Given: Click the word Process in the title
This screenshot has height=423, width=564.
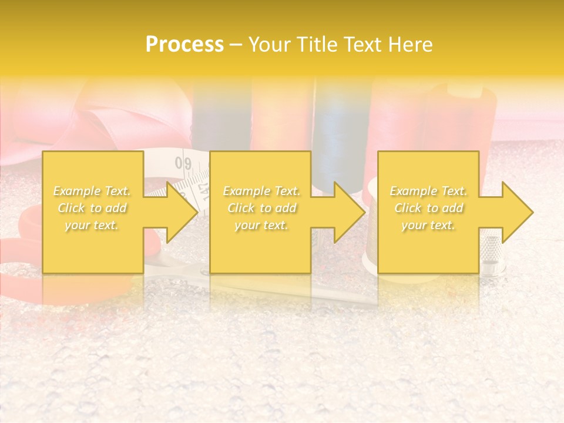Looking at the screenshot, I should point(184,45).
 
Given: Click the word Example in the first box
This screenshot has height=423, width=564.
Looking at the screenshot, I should point(77,191).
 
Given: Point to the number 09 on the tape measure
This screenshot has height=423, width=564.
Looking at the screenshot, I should point(183,163).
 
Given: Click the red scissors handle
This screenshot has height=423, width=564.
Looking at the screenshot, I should point(23,235).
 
